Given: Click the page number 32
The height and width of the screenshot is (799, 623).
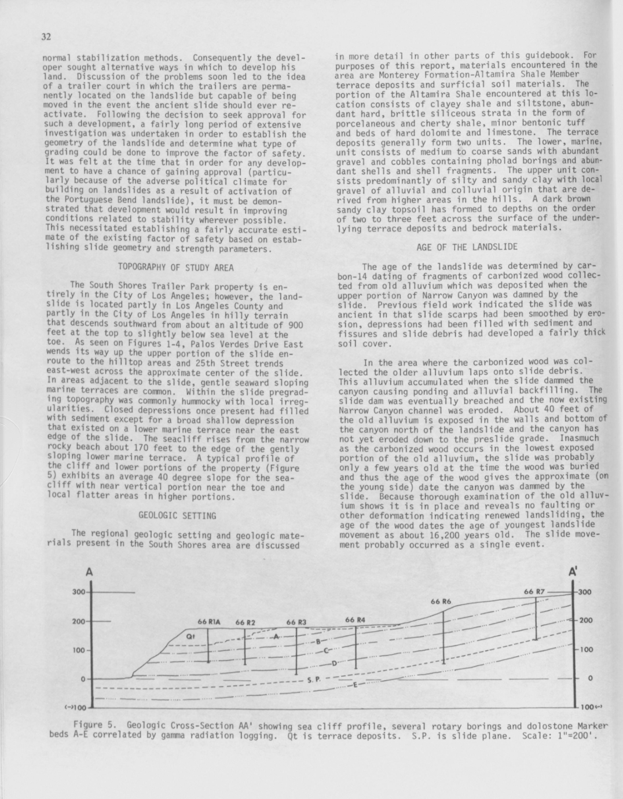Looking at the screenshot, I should point(46,37).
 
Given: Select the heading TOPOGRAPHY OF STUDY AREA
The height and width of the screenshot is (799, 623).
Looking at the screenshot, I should point(176,267).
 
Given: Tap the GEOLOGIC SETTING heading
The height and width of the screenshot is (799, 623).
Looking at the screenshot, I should point(177,515).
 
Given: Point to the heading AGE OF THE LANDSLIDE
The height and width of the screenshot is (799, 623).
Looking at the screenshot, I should point(467,247).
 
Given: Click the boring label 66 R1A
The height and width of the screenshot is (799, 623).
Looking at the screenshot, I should point(209,621).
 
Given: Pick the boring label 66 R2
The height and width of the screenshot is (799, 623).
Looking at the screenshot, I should point(245,622).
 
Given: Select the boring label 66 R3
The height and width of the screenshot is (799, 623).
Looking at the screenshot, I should point(296,622).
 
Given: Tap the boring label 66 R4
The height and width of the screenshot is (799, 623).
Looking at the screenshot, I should point(356,620).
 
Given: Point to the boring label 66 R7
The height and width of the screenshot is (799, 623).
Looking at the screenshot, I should point(534,592).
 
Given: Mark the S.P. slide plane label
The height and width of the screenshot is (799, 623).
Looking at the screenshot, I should point(313,679).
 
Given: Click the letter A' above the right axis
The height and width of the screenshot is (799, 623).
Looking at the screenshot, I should point(573,571).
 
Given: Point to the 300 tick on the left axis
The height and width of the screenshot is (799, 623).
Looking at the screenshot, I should point(79,592).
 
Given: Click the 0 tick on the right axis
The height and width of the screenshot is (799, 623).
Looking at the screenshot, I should point(589,678).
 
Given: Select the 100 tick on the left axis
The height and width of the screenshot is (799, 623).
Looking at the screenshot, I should point(79,650).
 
